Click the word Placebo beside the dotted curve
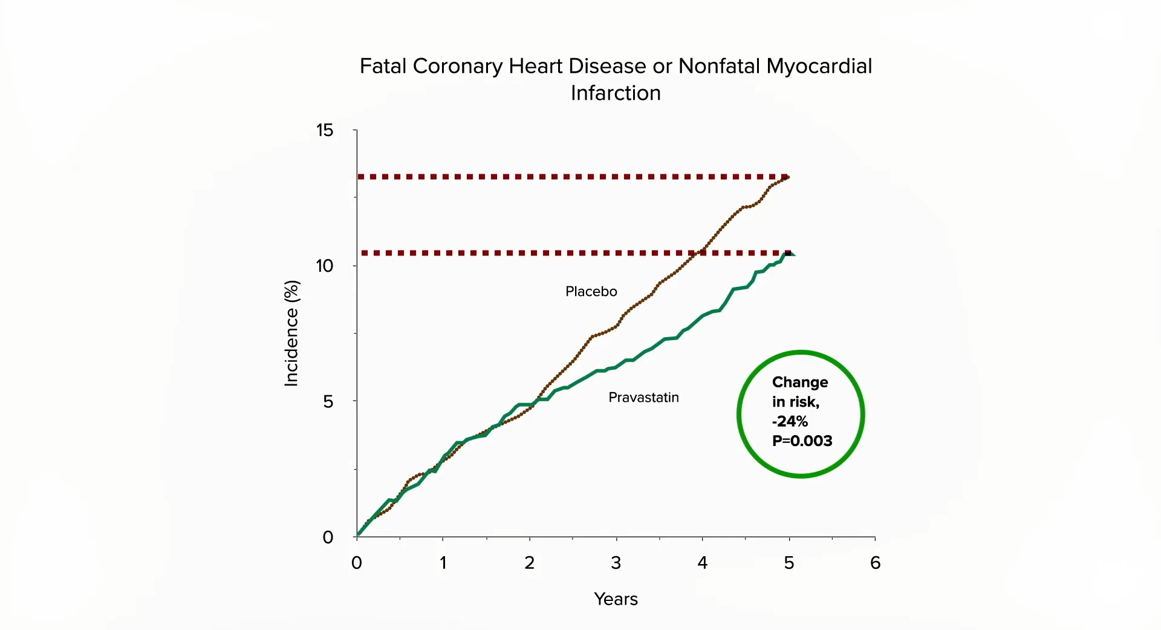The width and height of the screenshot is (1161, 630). [591, 292]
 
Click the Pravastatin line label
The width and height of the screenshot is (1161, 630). [643, 398]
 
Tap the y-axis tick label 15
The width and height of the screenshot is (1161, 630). [325, 130]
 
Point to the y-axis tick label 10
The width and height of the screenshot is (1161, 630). [325, 266]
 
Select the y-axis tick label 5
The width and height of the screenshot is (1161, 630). [328, 401]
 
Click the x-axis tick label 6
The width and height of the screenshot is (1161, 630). [875, 563]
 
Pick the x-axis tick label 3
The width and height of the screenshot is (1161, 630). [616, 563]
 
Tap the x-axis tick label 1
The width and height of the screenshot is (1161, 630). [443, 563]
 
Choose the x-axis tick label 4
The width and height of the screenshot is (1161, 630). [702, 563]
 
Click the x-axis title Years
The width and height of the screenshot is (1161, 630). [616, 599]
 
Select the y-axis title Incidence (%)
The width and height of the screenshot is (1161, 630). [291, 333]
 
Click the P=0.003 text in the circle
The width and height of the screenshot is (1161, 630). [802, 441]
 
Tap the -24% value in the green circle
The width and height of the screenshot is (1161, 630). [790, 421]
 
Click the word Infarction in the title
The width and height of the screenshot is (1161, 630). [616, 93]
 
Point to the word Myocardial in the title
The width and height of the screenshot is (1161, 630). [819, 66]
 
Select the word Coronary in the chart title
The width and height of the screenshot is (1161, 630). [457, 66]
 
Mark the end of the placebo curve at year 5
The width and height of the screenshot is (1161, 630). [787, 177]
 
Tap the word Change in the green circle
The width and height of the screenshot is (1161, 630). [800, 382]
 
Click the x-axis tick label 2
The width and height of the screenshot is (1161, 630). [529, 563]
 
